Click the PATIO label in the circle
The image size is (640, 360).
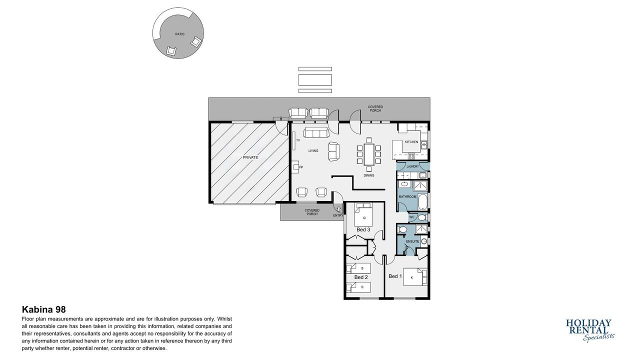tap(179, 34)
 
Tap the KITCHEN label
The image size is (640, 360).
tap(411, 142)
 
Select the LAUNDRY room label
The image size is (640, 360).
tap(412, 166)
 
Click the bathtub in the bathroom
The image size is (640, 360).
tap(422, 201)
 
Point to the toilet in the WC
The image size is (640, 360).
tap(421, 217)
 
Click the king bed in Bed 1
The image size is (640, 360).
tap(415, 277)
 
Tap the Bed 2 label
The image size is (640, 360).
tap(361, 277)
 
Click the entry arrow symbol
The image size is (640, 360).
tap(339, 209)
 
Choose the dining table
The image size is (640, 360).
tap(369, 154)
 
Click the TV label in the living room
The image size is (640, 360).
tap(298, 140)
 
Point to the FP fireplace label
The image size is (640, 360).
tap(301, 167)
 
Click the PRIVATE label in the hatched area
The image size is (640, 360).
tap(250, 157)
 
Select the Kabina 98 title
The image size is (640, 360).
tap(43, 309)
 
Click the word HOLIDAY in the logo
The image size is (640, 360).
tap(588, 323)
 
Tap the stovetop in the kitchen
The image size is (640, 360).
tap(411, 156)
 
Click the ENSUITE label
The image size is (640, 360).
tap(412, 241)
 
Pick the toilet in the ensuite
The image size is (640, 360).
tap(402, 229)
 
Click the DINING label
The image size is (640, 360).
tap(369, 175)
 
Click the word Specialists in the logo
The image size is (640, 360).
tap(598, 337)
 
